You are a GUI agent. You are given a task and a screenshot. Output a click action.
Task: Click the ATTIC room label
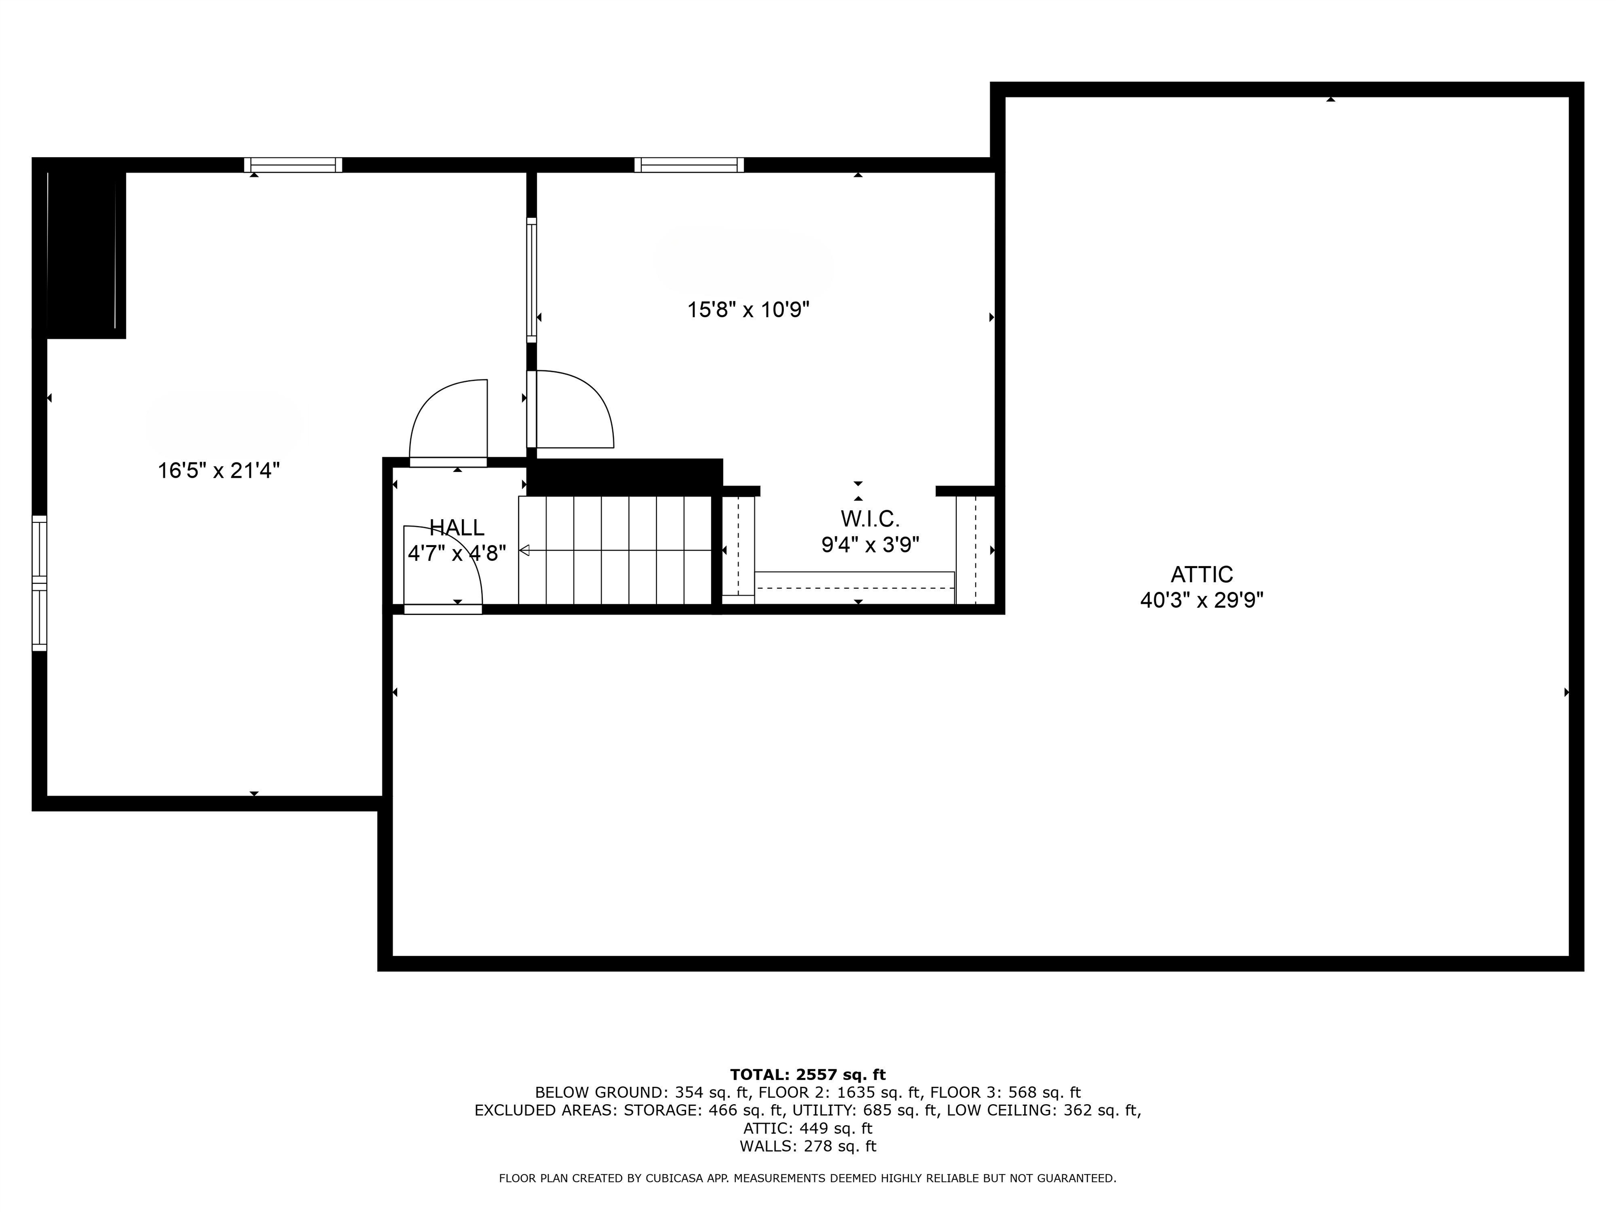tap(1202, 574)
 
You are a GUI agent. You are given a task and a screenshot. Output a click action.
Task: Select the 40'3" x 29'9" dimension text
tap(1202, 601)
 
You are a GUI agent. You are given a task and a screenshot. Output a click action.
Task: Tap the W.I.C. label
tap(870, 519)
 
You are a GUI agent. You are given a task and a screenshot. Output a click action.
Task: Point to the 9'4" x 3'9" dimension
tap(870, 545)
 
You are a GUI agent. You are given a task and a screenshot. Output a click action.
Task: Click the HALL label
tap(457, 528)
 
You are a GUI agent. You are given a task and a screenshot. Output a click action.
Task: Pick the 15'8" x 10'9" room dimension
tap(748, 310)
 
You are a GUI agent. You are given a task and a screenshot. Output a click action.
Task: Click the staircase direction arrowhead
tap(524, 550)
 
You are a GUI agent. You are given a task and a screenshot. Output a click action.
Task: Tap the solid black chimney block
tap(82, 252)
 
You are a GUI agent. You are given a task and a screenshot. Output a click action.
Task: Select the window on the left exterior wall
tap(39, 583)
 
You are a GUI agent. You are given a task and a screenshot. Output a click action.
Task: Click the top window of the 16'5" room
tap(293, 165)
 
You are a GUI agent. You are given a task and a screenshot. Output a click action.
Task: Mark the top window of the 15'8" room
tap(689, 165)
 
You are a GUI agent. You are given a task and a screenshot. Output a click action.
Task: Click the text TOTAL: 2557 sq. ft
tap(807, 1075)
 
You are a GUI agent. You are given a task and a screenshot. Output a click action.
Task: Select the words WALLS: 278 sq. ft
tap(807, 1146)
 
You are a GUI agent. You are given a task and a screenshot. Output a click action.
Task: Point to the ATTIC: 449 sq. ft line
tap(807, 1129)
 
